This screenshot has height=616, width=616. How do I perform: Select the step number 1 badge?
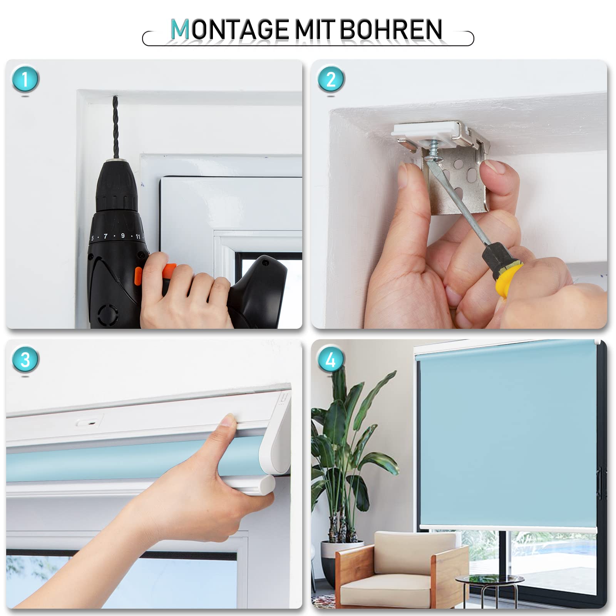pos(25,79)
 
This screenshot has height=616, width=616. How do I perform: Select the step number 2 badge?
pos(331,79)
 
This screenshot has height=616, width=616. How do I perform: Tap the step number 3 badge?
pos(25,360)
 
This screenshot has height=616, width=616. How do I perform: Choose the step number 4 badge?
pos(331,360)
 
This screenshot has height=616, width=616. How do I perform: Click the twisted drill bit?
pos(115,127)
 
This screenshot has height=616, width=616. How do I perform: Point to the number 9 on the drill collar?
pos(123,236)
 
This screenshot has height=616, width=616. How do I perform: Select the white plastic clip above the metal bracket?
pos(427,131)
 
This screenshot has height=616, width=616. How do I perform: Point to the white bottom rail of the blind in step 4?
pos(508,528)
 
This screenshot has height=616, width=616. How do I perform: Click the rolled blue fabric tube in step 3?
pos(115,462)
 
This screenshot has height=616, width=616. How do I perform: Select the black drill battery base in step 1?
pos(258,293)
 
